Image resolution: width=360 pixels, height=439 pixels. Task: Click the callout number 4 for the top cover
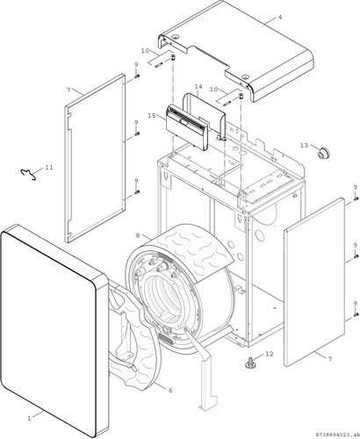point(280,17)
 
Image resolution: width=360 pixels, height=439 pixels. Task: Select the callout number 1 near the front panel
point(29,419)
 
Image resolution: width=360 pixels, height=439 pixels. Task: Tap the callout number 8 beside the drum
point(139,235)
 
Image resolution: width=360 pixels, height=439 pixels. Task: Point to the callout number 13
point(304,145)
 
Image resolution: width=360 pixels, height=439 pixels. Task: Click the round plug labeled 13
point(323,153)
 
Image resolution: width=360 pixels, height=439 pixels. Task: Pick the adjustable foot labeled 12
point(250,361)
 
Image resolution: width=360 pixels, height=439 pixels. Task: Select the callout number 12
point(270,354)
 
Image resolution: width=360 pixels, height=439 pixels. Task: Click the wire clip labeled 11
point(29,175)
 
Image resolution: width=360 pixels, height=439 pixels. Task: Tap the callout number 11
point(49,168)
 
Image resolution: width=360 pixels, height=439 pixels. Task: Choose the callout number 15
point(152,116)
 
